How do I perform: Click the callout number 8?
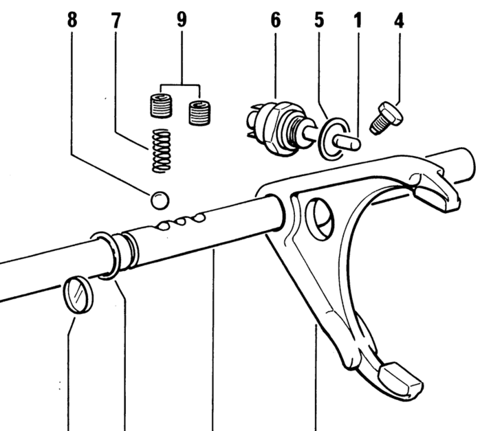[x=72, y=21]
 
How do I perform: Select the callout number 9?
[x=181, y=20]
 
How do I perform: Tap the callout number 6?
[x=276, y=21]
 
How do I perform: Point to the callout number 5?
[x=319, y=20]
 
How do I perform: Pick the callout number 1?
[x=357, y=20]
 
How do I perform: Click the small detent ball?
[x=159, y=200]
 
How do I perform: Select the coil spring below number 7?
[x=162, y=151]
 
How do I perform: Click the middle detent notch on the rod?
[x=183, y=221]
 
